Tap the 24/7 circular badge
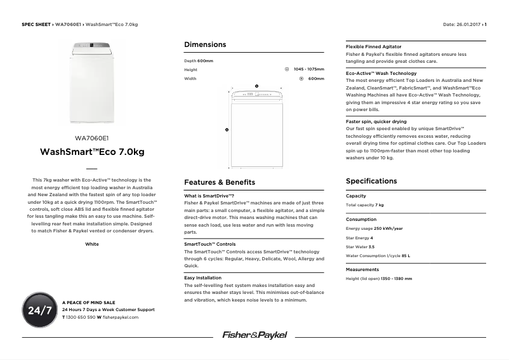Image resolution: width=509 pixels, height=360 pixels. pyautogui.click(x=39, y=310)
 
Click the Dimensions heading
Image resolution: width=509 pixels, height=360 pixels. pyautogui.click(x=204, y=44)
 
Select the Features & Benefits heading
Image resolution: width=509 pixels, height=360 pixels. pyautogui.click(x=219, y=182)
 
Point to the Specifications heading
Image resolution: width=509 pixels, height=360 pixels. pyautogui.click(x=371, y=181)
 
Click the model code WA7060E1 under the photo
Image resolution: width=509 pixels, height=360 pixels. pyautogui.click(x=92, y=138)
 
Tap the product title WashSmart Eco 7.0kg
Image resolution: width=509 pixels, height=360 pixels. pyautogui.click(x=92, y=152)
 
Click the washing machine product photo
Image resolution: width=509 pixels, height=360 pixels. pyautogui.click(x=92, y=83)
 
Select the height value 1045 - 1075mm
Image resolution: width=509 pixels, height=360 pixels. pyautogui.click(x=308, y=69)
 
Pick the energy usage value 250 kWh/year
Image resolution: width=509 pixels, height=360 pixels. pyautogui.click(x=388, y=229)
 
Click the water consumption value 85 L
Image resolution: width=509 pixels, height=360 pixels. pyautogui.click(x=406, y=256)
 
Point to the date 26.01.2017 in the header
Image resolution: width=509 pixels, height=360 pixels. pyautogui.click(x=468, y=25)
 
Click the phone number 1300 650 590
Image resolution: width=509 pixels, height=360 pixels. pyautogui.click(x=81, y=316)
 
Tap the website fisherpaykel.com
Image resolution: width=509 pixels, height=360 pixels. pyautogui.click(x=121, y=316)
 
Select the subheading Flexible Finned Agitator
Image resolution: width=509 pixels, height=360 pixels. pyautogui.click(x=373, y=47)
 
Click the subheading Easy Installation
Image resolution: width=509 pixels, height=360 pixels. pyautogui.click(x=202, y=278)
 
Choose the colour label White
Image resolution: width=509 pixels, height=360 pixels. pyautogui.click(x=92, y=244)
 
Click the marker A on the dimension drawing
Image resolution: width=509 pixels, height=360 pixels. pyautogui.click(x=227, y=130)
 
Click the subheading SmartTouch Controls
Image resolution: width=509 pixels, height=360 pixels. pyautogui.click(x=209, y=244)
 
